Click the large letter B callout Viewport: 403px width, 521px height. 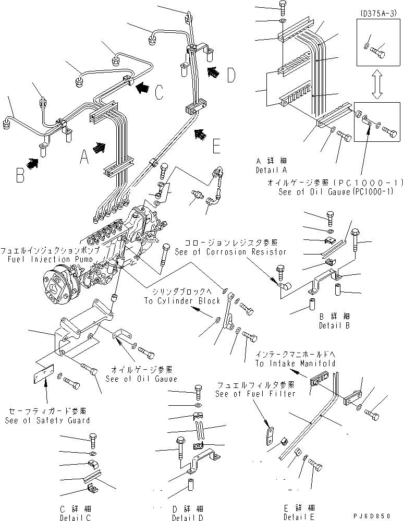coord(20,174)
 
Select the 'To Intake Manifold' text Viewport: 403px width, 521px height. coord(295,363)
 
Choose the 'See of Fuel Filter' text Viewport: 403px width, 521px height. coord(255,394)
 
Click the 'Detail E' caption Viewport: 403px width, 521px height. coord(299,516)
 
